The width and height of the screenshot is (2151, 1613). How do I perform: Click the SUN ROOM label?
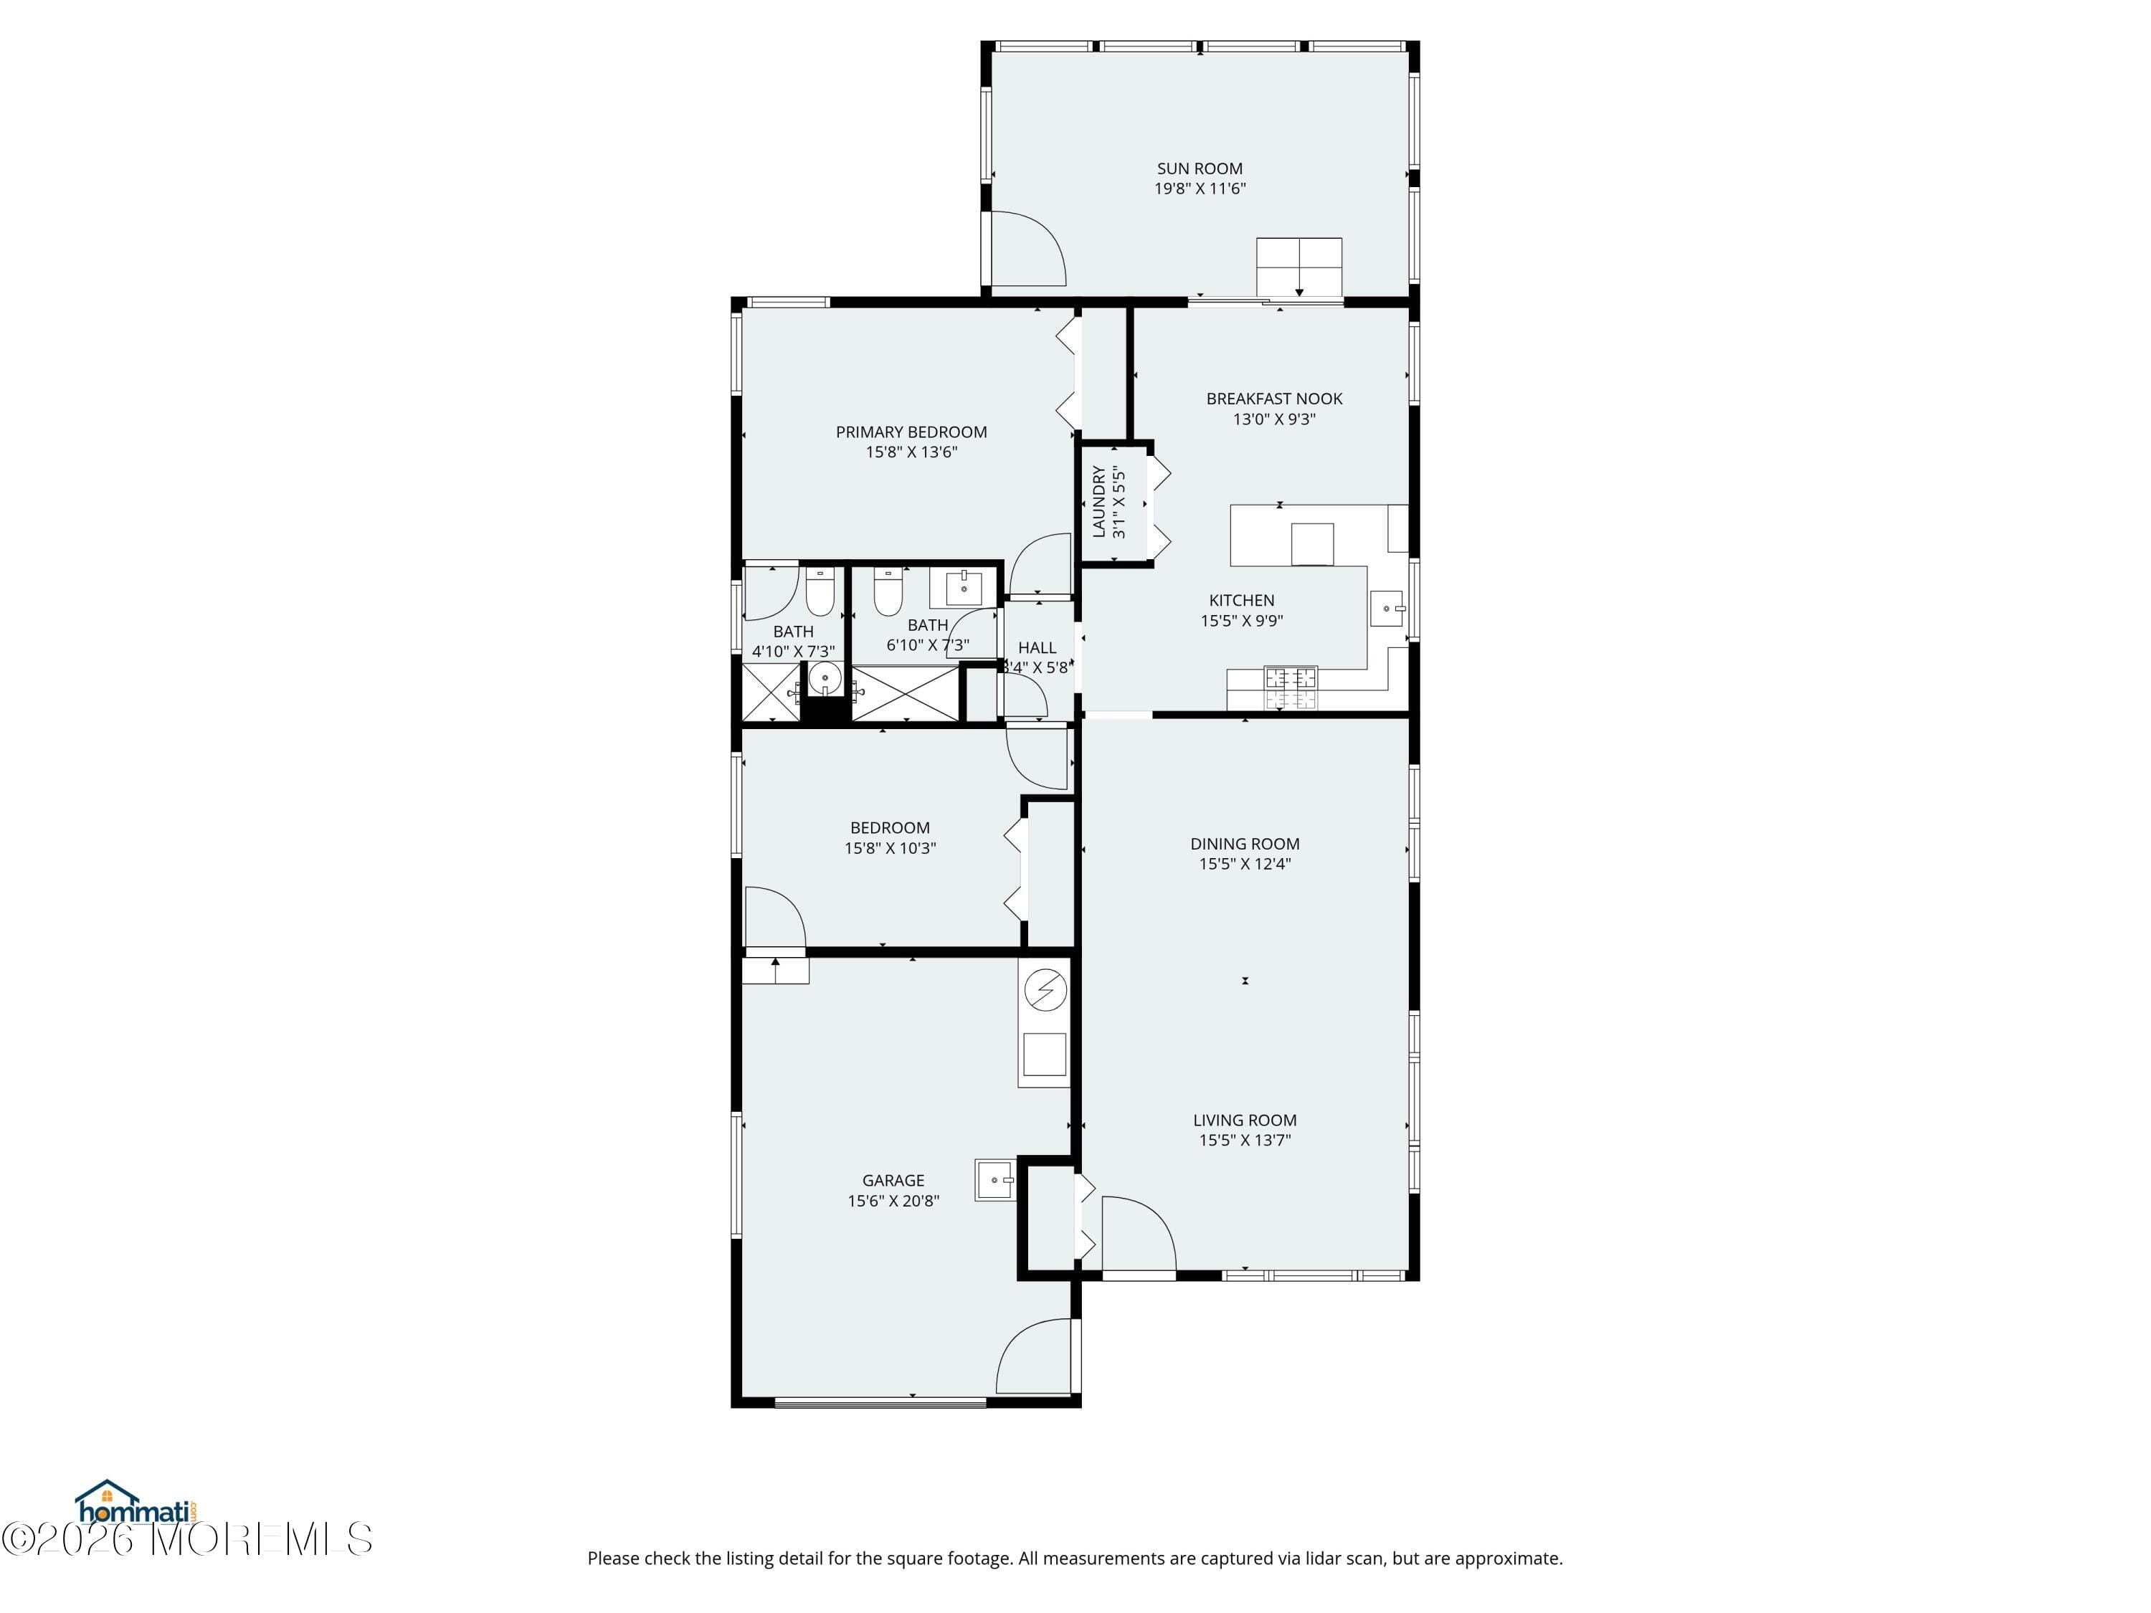[x=1199, y=168]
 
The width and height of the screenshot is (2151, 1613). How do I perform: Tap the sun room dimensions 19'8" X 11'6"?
[x=1199, y=189]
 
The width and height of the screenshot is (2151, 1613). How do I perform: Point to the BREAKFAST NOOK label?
[x=1274, y=399]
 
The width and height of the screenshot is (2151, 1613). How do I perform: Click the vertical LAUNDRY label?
[x=1099, y=502]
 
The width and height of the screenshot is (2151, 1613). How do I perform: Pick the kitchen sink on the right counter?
[x=1387, y=609]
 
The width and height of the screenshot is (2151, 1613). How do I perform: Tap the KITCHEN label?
[x=1241, y=600]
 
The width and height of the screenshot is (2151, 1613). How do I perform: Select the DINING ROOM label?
[x=1244, y=844]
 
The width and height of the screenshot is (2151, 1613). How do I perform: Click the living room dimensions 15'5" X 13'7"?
[x=1244, y=1141]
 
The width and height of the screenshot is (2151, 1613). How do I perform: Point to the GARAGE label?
[x=892, y=1180]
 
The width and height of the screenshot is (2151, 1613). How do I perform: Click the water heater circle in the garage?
[x=1045, y=991]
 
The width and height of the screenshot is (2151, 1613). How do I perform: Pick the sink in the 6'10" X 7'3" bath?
[x=963, y=589]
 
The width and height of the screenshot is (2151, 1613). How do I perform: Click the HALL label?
[x=1037, y=647]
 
